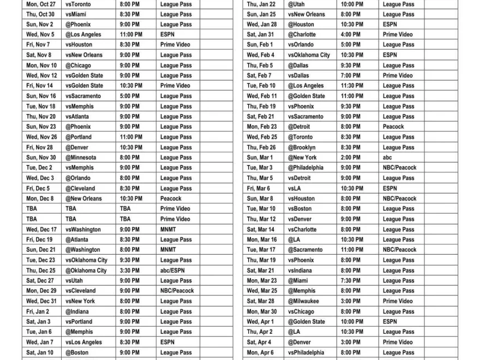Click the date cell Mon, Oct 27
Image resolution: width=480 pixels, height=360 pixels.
(41, 4)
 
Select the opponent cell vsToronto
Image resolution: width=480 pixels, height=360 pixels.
(79, 4)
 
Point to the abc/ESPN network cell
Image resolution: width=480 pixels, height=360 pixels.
(172, 271)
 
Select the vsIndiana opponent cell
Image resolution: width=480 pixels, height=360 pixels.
(301, 271)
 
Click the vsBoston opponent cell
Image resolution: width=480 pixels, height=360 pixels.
(301, 209)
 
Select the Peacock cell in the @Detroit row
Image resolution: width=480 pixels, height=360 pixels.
(393, 127)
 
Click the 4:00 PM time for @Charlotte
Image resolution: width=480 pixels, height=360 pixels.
(350, 34)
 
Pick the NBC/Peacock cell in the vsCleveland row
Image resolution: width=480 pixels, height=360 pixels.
(177, 291)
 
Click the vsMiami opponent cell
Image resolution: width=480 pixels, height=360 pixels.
(76, 14)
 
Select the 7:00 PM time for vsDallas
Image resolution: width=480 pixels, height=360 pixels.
(350, 76)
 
